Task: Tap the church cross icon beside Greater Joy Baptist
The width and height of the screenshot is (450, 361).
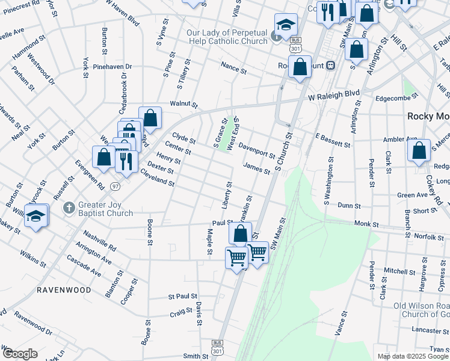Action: click(x=69, y=208)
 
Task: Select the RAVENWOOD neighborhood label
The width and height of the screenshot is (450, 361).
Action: click(x=64, y=290)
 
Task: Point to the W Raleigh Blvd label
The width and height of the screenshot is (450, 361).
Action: click(x=334, y=94)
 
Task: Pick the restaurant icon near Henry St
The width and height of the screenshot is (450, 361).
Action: click(x=126, y=160)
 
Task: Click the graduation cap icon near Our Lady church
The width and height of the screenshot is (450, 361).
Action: click(x=286, y=25)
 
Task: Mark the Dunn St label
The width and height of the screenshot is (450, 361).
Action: click(x=348, y=206)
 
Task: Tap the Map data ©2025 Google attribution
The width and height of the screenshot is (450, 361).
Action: click(x=412, y=356)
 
